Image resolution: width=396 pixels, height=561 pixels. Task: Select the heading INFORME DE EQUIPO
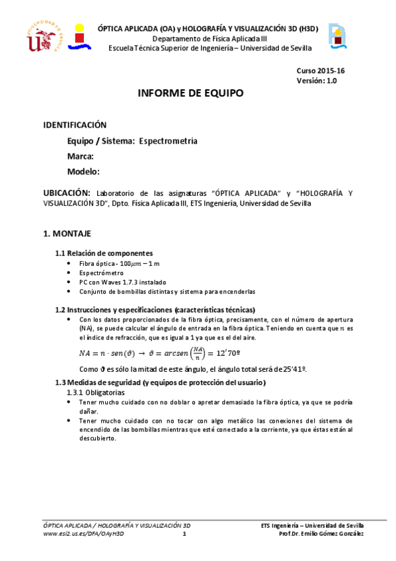(190, 93)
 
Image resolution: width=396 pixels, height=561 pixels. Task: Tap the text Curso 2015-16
(317, 71)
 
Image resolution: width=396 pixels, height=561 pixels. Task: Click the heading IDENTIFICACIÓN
(75, 124)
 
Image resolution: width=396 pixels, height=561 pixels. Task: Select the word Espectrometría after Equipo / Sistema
(168, 141)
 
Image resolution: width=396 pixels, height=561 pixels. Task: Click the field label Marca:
(80, 156)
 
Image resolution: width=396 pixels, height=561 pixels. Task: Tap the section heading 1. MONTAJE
(67, 234)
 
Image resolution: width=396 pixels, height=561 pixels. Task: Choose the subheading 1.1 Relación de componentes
(104, 253)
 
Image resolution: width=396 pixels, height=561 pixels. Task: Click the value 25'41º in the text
(292, 369)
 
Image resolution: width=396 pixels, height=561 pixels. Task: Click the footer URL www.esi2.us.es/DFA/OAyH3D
(83, 533)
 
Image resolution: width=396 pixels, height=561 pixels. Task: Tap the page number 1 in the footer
(186, 534)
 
